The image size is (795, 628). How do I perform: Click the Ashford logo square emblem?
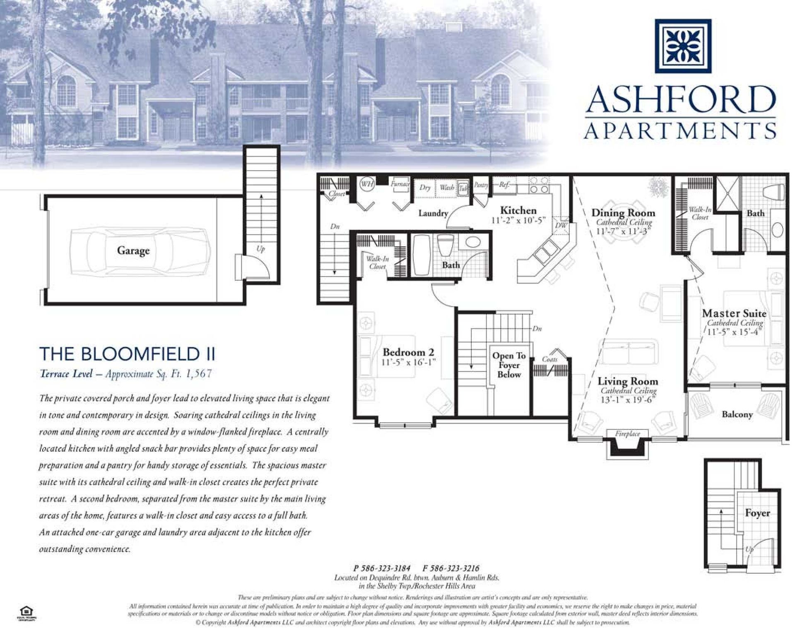click(x=683, y=46)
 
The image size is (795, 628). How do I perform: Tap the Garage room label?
click(x=133, y=250)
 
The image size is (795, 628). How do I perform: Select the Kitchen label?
click(x=518, y=210)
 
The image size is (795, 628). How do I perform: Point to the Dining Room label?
click(x=623, y=213)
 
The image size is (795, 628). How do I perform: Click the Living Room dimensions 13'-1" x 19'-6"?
click(x=627, y=400)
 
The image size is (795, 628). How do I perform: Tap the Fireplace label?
click(x=627, y=434)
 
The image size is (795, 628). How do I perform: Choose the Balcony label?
click(x=737, y=414)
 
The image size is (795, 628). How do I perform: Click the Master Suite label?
click(x=734, y=313)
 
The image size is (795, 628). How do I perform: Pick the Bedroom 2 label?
click(x=408, y=352)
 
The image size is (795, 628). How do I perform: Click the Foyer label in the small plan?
click(x=757, y=513)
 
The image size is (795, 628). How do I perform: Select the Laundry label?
click(x=433, y=213)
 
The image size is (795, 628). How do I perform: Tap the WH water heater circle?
click(x=366, y=184)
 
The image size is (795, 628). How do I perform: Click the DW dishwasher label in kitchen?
click(x=561, y=225)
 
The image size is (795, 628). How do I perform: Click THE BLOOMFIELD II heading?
click(x=127, y=354)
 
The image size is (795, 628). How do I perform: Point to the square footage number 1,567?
click(x=199, y=374)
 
